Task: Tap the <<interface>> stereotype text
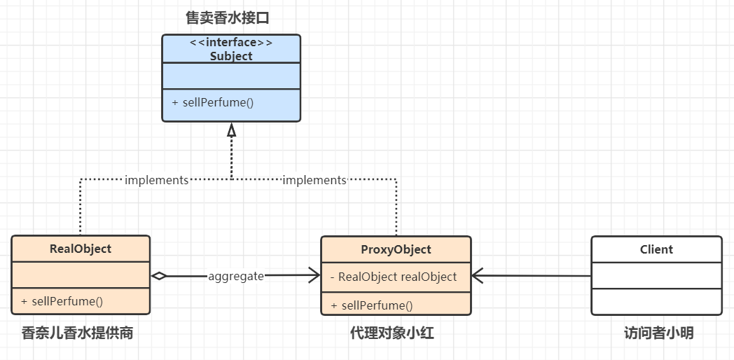[x=231, y=43]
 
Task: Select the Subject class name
[x=231, y=56]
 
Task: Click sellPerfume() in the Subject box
[x=213, y=102]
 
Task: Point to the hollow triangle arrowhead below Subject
[x=231, y=130]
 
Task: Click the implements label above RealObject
[x=156, y=180]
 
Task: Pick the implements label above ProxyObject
[x=314, y=180]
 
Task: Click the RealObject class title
[x=81, y=249]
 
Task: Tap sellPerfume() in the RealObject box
[x=62, y=302]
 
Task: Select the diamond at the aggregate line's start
[x=160, y=276]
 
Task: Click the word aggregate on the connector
[x=236, y=276]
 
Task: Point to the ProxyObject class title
[x=396, y=249]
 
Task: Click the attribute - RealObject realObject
[x=394, y=277]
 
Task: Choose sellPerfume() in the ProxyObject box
[x=372, y=305]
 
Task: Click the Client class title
[x=656, y=249]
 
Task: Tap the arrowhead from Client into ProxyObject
[x=478, y=276]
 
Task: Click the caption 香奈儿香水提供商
[x=77, y=333]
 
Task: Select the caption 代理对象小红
[x=392, y=333]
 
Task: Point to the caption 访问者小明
[x=658, y=333]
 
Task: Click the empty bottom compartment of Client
[x=656, y=301]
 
